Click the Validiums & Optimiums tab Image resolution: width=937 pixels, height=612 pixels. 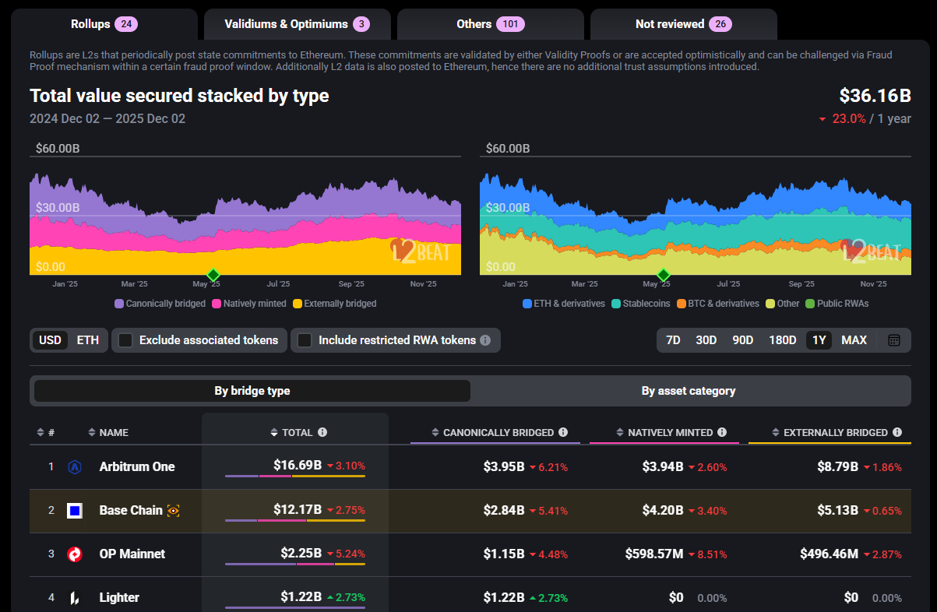tap(297, 24)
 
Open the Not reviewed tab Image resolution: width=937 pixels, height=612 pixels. tap(683, 24)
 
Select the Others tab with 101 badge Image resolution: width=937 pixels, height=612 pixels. tap(490, 24)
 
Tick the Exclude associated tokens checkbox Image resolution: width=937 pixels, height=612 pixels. tap(125, 340)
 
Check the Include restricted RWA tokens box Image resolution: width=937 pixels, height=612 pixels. tap(305, 340)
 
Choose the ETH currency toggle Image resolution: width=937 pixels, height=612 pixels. tap(87, 340)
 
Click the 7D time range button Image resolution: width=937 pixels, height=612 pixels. tap(673, 340)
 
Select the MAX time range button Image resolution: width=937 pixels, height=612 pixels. tap(854, 340)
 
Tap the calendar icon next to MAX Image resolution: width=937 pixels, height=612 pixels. tap(894, 340)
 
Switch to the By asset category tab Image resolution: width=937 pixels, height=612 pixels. tap(688, 391)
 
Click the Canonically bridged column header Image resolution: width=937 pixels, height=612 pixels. tap(498, 432)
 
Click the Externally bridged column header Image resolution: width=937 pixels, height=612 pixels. tap(835, 432)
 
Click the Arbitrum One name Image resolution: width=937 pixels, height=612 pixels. tap(137, 467)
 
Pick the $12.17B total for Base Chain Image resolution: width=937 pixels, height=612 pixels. tap(297, 510)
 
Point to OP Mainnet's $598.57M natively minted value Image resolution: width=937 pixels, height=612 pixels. tap(653, 554)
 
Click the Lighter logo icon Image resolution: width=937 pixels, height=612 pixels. tap(75, 598)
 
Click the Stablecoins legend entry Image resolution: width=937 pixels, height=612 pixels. tap(640, 304)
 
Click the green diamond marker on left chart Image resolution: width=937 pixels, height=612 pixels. tap(213, 274)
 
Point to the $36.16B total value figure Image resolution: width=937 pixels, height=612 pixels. tap(875, 97)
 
